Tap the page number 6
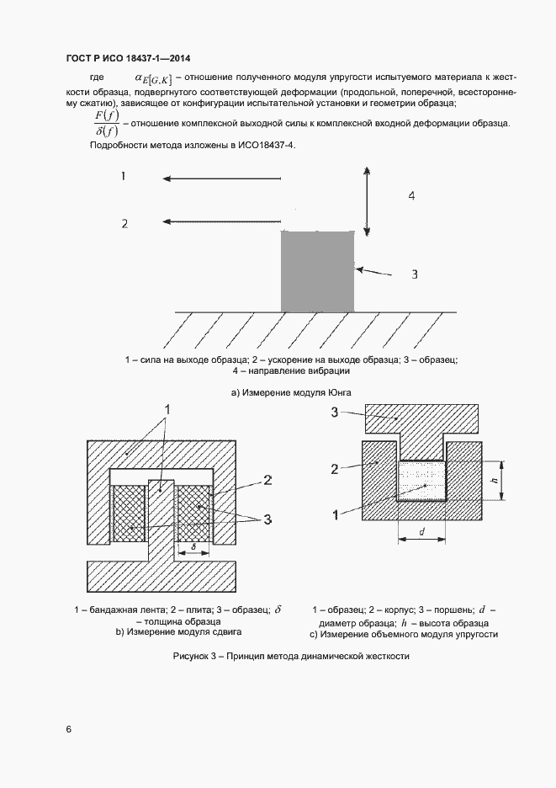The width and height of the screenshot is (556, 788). click(68, 730)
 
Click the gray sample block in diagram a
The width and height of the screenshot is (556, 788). click(317, 272)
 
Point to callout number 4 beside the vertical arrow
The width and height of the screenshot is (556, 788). click(410, 195)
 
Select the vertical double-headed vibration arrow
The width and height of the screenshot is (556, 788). click(367, 201)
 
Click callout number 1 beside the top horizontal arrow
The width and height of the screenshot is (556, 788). click(124, 177)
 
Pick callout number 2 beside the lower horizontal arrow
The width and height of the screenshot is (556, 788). click(124, 223)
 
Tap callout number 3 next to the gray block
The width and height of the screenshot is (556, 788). click(414, 274)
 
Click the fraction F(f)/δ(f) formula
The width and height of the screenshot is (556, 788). click(108, 123)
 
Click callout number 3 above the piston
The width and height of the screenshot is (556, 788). click(335, 412)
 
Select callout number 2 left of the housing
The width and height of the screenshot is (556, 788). click(335, 467)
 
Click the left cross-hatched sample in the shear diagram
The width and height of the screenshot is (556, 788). click(129, 514)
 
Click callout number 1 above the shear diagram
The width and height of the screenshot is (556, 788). click(167, 409)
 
